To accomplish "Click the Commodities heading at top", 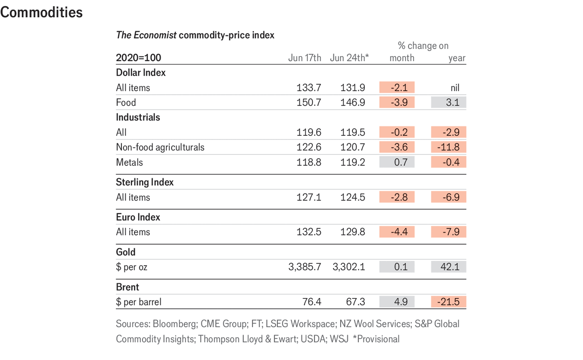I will (41, 12).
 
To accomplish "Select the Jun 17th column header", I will (304, 58).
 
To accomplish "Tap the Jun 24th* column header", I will (349, 58).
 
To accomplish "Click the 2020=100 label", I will (138, 58).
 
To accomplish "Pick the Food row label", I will (126, 102).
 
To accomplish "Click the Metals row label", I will (129, 162).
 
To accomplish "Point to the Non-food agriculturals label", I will (160, 147).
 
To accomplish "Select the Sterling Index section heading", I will (145, 182).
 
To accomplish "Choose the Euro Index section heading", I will (138, 217).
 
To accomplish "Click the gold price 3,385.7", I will (304, 267).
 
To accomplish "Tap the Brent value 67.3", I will (353, 302).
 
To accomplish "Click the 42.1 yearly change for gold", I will (450, 267).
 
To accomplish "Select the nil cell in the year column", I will (455, 87).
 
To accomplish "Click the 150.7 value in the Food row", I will (309, 102).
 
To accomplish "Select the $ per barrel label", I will (138, 302).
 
